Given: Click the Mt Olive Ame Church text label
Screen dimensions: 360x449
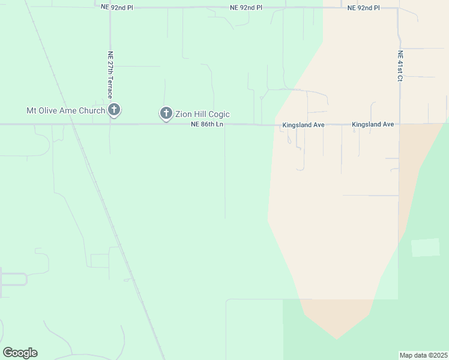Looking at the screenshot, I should coord(65,110).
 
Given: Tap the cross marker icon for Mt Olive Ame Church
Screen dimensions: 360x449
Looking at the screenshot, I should coord(114,110).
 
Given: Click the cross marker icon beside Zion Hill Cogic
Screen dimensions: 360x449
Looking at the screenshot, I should coord(166,113).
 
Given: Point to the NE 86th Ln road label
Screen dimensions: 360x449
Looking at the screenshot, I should coord(207,124).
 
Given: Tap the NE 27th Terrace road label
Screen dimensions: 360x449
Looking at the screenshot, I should coord(110,70).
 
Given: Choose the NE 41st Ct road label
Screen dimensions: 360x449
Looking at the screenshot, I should coord(400,66).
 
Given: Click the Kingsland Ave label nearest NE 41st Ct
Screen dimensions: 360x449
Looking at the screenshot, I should coord(373,124).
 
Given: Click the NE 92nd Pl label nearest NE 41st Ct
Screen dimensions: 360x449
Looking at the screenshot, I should coord(364,8).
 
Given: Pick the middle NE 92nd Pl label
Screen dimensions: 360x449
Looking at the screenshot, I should coord(246,8).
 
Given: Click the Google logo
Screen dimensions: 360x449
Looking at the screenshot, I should coord(20,353).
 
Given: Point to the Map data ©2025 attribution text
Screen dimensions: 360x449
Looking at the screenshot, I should coord(424,355).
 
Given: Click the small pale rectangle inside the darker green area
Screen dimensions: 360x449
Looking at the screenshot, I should coord(425,247).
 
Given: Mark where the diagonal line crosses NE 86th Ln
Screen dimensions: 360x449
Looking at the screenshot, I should coord(71,124).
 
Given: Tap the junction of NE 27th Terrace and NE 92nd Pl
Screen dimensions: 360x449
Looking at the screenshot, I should coord(110,8).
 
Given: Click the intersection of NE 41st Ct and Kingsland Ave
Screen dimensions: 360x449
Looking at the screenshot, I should coord(399,124).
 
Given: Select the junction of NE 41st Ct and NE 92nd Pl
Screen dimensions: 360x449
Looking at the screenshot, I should coord(399,8).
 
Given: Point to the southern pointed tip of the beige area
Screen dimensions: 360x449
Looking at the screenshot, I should coord(337,339).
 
